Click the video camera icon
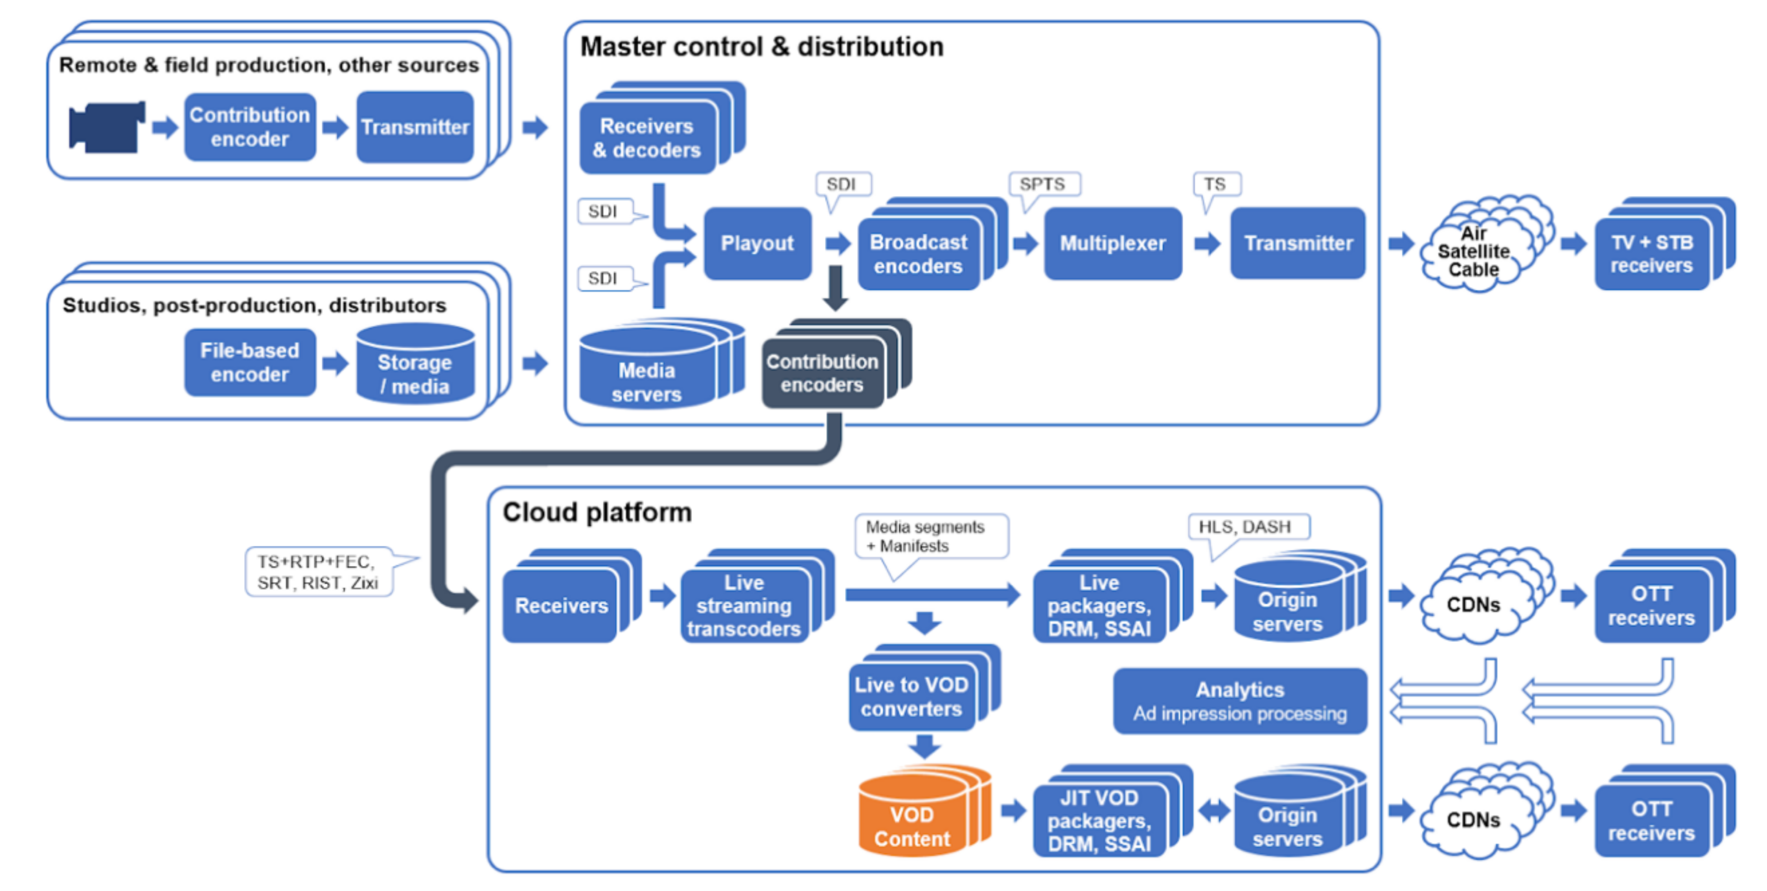pos(106,127)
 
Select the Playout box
pos(757,243)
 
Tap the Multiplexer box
pos(1112,243)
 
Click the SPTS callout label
pos(1042,184)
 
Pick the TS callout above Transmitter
pos(1215,184)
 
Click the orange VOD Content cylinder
pos(912,820)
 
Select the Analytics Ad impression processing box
pos(1240,701)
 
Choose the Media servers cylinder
pos(647,374)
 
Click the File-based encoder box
pos(250,363)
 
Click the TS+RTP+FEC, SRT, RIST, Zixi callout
pos(318,572)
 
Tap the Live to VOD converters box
pos(911,696)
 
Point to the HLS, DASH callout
pos(1245,526)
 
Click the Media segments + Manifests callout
pos(926,536)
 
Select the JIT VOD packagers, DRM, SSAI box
pos(1099,820)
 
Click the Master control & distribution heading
pos(761,47)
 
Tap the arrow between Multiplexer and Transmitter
pos(1207,243)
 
